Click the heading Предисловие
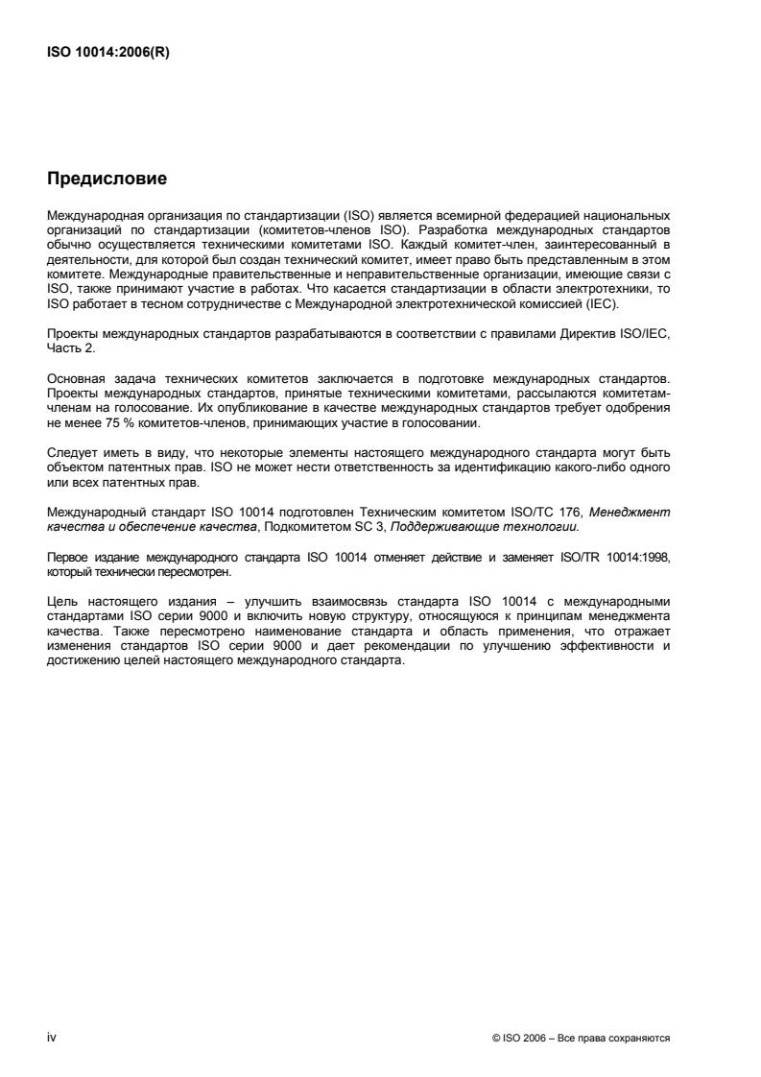pos(107,179)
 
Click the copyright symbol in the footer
pos(494,1038)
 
